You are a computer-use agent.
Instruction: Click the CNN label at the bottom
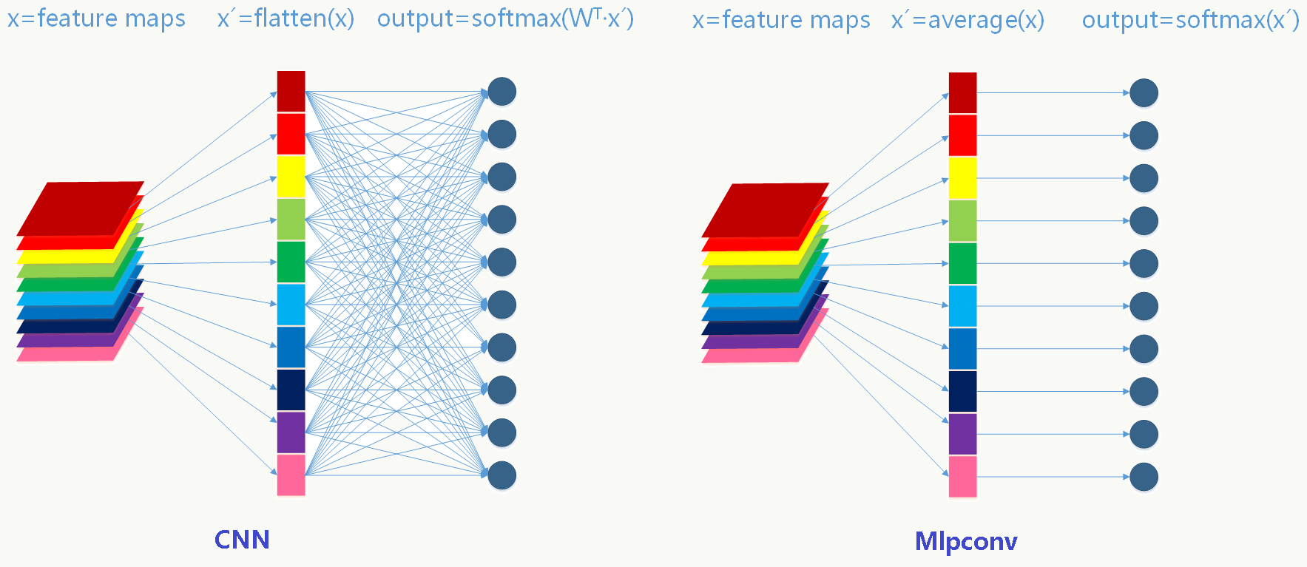pos(242,540)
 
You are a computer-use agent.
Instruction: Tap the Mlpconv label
pos(966,541)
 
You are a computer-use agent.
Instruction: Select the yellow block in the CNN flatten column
pos(291,177)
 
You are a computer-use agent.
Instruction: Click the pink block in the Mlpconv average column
pos(962,476)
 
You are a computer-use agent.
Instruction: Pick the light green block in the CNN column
pos(291,220)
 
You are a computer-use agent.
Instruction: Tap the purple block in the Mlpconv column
pos(962,434)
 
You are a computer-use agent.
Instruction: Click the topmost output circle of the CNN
pos(502,92)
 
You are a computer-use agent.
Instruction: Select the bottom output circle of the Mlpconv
pos(1144,477)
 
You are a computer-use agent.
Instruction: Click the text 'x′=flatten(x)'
pos(286,18)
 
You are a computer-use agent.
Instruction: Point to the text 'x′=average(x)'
pos(967,20)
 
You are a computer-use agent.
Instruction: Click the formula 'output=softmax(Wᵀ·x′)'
pos(505,18)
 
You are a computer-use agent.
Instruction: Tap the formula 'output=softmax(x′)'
pos(1190,20)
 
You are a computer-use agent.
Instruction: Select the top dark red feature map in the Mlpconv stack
pos(765,208)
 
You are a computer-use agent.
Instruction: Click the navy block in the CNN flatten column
pos(291,390)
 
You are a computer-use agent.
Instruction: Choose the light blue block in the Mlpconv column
pos(962,306)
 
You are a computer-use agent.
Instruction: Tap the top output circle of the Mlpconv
pos(1144,93)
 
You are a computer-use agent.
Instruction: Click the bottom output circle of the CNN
pos(502,475)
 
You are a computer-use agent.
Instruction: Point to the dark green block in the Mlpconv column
pos(962,263)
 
